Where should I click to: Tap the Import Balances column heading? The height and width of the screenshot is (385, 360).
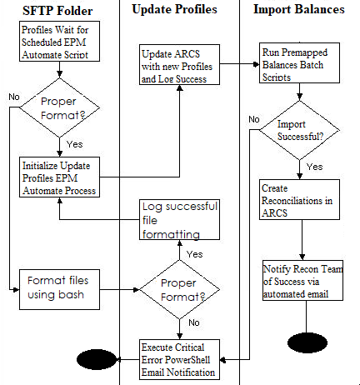299,11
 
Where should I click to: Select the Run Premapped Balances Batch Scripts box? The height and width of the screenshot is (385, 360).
299,63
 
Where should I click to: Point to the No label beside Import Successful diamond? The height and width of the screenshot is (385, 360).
253,118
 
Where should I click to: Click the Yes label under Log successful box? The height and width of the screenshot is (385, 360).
193,253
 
